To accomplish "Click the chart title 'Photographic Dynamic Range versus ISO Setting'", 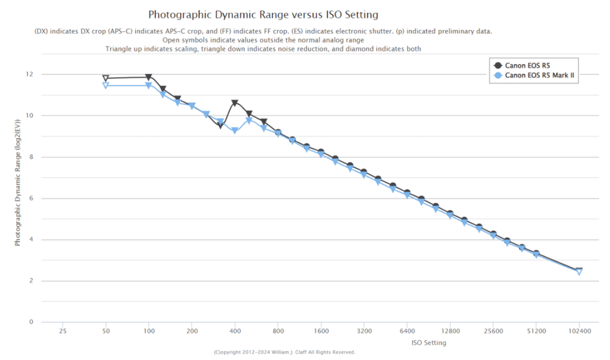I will [263, 14].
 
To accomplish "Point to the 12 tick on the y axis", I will [29, 75].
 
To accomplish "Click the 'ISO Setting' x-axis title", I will [428, 343].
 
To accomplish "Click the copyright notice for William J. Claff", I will [284, 352].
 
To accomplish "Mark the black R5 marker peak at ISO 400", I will [235, 103].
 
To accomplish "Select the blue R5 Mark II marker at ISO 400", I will [235, 131].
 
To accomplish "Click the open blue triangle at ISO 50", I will [105, 85].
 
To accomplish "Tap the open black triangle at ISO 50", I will [105, 78].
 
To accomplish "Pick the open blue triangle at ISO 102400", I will [579, 272].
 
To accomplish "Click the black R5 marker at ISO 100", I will [148, 77].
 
